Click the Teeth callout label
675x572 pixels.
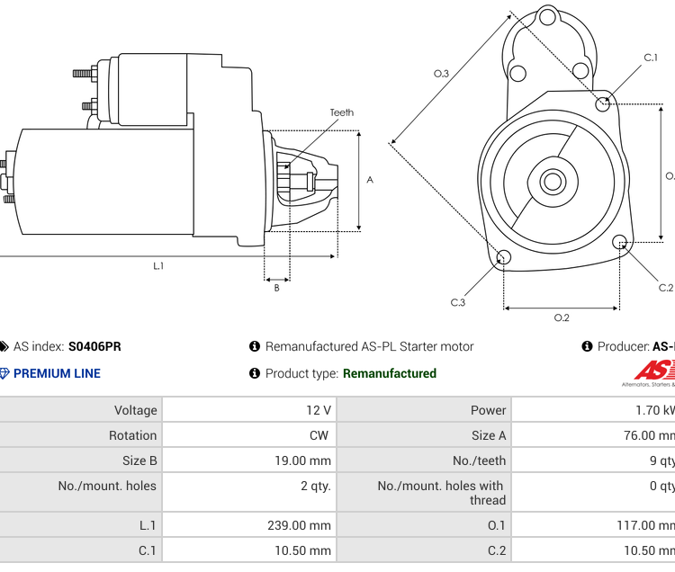pyautogui.click(x=341, y=112)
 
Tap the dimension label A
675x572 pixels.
pyautogui.click(x=370, y=180)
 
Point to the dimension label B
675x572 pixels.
pyautogui.click(x=276, y=288)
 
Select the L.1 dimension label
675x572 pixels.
pyautogui.click(x=158, y=265)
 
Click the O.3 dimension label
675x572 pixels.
pyautogui.click(x=441, y=74)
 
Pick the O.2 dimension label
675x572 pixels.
pyautogui.click(x=562, y=317)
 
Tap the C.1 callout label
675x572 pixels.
pyautogui.click(x=651, y=58)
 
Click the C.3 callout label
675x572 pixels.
pyautogui.click(x=458, y=302)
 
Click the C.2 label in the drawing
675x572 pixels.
pyautogui.click(x=666, y=288)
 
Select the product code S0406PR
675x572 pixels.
pyautogui.click(x=94, y=346)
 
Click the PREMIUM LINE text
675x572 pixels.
pyautogui.click(x=57, y=373)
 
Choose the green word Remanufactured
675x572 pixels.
pyautogui.click(x=390, y=373)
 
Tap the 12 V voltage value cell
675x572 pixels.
pyautogui.click(x=319, y=410)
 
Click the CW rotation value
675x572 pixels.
pyautogui.click(x=319, y=435)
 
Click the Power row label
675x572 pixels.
pyautogui.click(x=488, y=410)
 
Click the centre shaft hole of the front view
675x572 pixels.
pyautogui.click(x=551, y=182)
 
